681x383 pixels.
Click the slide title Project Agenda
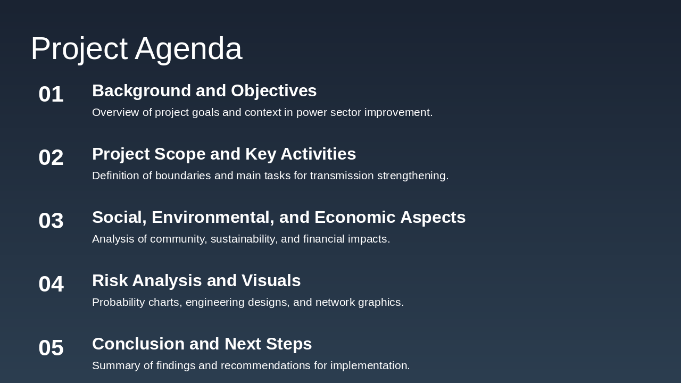pyautogui.click(x=136, y=48)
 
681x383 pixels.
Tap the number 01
pyautogui.click(x=51, y=94)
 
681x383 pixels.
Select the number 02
pyautogui.click(x=51, y=157)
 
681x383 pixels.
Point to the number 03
pyautogui.click(x=51, y=221)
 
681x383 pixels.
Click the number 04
pyautogui.click(x=51, y=284)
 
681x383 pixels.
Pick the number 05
pyautogui.click(x=51, y=348)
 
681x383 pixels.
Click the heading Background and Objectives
pyautogui.click(x=204, y=91)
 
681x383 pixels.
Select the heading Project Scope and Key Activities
pyautogui.click(x=224, y=154)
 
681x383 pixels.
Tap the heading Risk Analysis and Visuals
pyautogui.click(x=196, y=281)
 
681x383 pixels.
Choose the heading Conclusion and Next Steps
pyautogui.click(x=202, y=344)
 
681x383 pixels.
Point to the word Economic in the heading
pyautogui.click(x=354, y=218)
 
